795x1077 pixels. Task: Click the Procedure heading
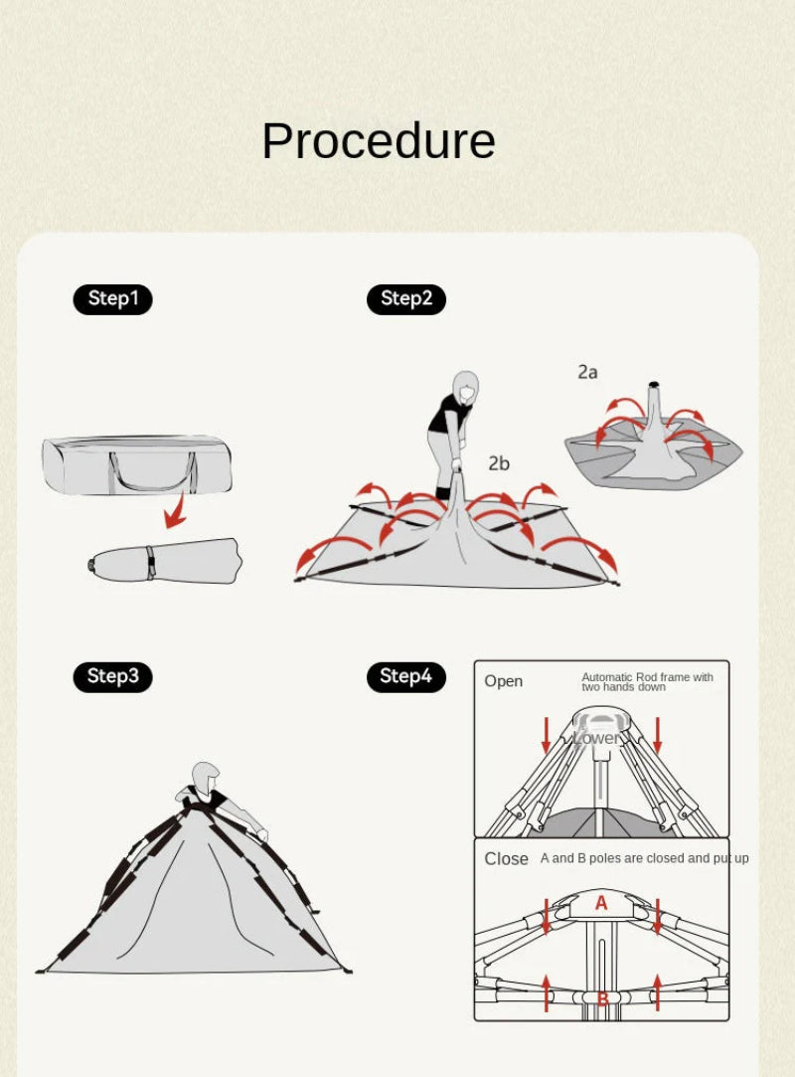(379, 141)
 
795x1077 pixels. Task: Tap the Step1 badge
(112, 299)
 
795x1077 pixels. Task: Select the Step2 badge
(406, 299)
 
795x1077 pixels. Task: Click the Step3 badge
(112, 676)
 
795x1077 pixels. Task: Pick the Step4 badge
(406, 676)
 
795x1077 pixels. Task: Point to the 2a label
(587, 372)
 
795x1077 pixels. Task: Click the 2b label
(499, 463)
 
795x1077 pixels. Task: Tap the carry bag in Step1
(137, 465)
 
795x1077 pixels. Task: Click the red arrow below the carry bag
(177, 513)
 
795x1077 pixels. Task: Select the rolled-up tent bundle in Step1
(165, 561)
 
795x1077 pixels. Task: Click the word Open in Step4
(503, 681)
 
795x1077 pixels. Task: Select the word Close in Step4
(506, 859)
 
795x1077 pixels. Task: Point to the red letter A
(601, 903)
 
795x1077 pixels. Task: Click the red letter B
(603, 998)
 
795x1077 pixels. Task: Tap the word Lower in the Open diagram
(596, 738)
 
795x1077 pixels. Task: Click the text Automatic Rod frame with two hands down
(647, 682)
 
